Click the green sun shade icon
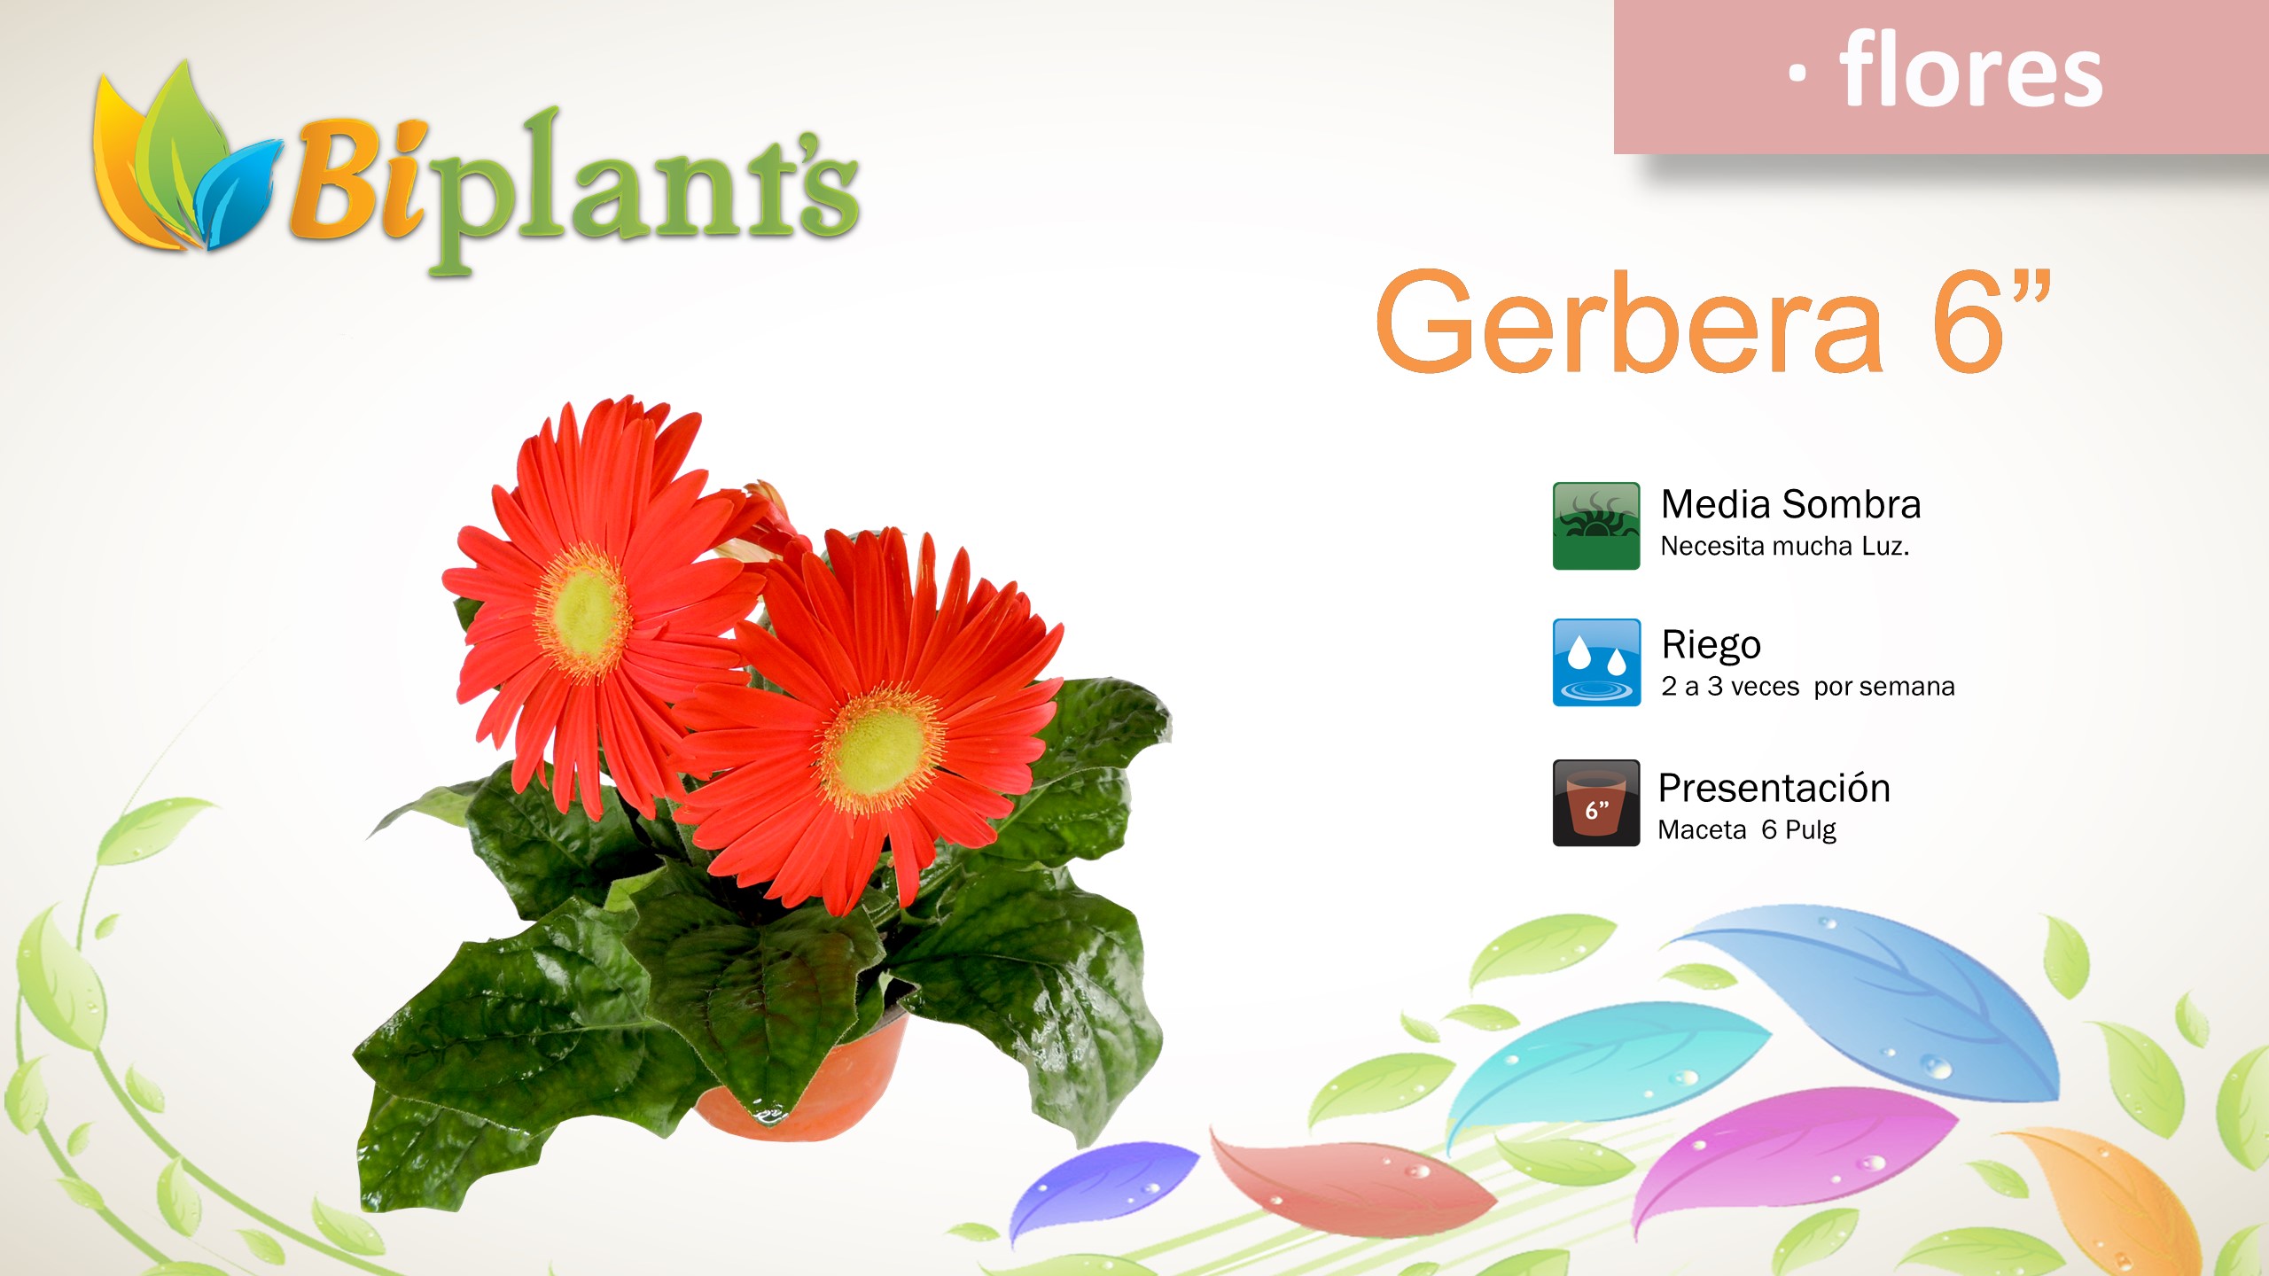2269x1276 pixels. click(x=1596, y=525)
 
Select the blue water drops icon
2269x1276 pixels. click(x=1596, y=662)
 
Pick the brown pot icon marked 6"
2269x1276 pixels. click(x=1596, y=803)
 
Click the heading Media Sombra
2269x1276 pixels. click(x=1790, y=504)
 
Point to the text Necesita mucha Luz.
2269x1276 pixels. click(x=1784, y=546)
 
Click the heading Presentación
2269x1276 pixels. click(x=1774, y=788)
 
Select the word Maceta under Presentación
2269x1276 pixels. click(x=1702, y=830)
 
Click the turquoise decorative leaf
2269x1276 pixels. click(x=1604, y=1059)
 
